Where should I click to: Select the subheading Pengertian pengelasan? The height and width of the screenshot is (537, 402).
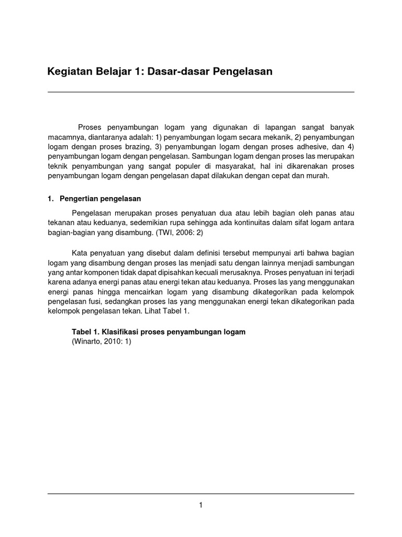tap(100, 199)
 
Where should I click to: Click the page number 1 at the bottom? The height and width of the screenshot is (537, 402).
tap(200, 505)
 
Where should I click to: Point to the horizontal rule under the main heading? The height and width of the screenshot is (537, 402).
tap(200, 92)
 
